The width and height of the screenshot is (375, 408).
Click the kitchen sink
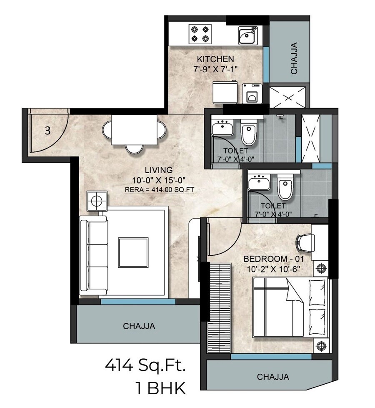(248, 35)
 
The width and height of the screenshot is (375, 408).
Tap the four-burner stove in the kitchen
(199, 34)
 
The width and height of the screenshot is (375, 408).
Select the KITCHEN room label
(215, 59)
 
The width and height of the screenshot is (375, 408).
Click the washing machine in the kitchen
(252, 93)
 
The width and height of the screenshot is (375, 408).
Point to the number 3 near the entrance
(47, 131)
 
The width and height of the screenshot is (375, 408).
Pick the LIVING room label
(158, 170)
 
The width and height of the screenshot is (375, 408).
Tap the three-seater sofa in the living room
(94, 255)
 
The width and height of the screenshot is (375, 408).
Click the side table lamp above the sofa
(97, 201)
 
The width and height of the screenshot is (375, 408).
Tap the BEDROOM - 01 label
(272, 259)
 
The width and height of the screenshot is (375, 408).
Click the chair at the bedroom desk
(305, 242)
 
